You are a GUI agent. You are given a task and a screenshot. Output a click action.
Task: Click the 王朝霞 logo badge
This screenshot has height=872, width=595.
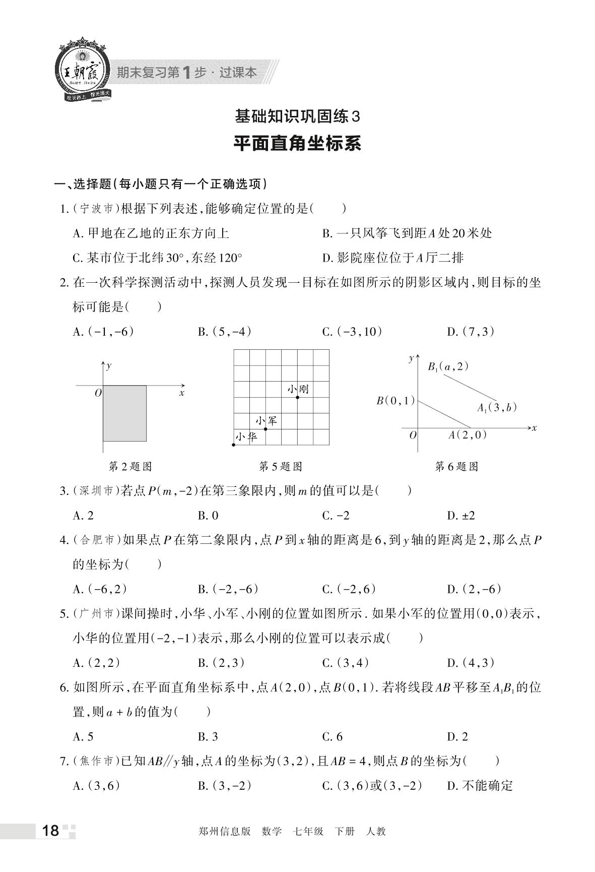pos(83,70)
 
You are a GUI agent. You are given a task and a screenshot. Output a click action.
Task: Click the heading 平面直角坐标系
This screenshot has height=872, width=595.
pos(297,144)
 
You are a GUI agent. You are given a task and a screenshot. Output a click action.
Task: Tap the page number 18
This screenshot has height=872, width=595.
pos(51,831)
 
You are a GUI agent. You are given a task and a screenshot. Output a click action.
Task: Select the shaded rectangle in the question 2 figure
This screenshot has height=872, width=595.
pos(124,413)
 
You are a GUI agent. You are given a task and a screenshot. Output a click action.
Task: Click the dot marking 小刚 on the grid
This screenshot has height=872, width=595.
pos(298,398)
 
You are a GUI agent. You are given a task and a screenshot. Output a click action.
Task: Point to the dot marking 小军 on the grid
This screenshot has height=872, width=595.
pos(266,429)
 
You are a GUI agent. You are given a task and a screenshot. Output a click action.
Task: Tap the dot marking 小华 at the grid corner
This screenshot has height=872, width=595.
pos(234,445)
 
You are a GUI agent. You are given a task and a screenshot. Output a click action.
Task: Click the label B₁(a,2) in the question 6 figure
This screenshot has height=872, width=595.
pos(448,367)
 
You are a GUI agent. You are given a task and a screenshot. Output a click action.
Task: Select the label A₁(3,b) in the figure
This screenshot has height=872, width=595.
pos(497,408)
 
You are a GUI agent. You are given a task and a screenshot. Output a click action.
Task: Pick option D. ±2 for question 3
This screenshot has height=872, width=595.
pos(461,516)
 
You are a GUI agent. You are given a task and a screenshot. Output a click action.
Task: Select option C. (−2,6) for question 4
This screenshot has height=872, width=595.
pos(349,589)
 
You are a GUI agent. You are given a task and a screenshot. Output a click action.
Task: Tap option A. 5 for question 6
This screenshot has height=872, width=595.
pos(83,737)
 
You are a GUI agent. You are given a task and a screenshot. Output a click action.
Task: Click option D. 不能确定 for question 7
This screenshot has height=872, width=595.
pos(480,786)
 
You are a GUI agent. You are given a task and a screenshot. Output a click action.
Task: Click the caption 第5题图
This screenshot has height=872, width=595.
pos(281,467)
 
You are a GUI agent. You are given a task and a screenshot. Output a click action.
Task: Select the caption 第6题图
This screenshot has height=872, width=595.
pos(456,467)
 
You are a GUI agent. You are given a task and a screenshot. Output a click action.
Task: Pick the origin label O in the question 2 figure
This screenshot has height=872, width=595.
pos(98,393)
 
